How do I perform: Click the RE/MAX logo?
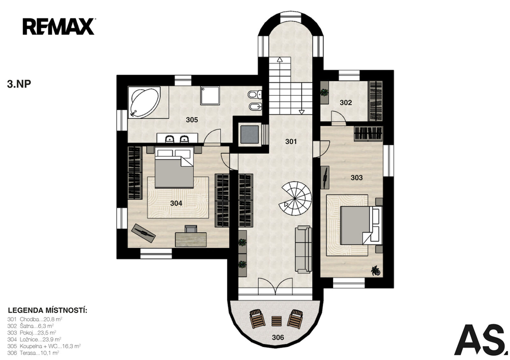59,27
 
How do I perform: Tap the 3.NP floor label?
19,84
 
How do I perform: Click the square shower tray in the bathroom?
210,95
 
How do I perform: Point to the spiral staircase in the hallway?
295,198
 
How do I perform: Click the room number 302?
346,103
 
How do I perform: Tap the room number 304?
176,203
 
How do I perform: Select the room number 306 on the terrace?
278,337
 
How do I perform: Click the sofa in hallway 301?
303,249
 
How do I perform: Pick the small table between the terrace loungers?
276,321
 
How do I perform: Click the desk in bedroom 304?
191,239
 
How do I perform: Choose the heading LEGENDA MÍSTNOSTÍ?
47,310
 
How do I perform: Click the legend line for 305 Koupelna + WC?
44,347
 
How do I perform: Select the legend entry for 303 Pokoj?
31,333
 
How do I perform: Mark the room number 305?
192,120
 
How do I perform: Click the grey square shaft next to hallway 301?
250,133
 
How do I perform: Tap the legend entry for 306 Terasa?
33,353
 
